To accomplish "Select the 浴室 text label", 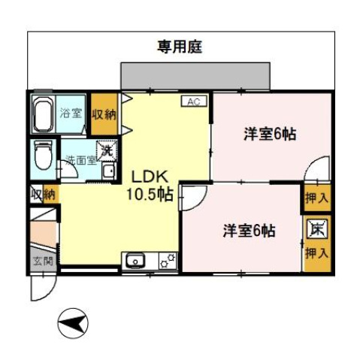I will point(73,113).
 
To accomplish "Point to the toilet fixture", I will point(43,156).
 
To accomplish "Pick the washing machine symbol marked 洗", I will point(107,150).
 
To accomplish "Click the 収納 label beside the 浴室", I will point(104,114).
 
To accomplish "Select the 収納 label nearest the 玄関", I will point(44,194).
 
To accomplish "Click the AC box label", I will point(192,101).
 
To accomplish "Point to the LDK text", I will point(147,177).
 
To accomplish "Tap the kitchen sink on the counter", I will point(137,261).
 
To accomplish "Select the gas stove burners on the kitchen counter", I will point(167,260).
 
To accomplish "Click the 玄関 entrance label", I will point(42,262).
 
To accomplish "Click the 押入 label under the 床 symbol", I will point(316,253).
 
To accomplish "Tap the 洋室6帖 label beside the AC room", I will point(268,135).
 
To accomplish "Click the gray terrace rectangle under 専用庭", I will point(194,76).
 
